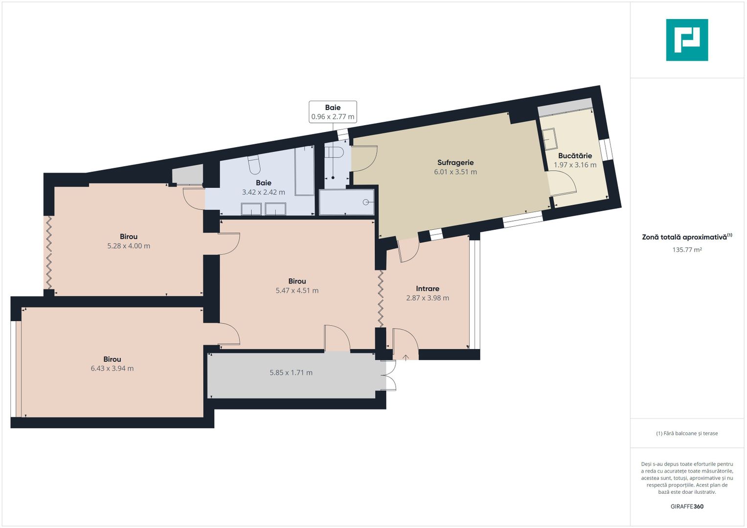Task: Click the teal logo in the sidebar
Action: click(x=687, y=40)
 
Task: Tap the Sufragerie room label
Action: click(x=455, y=162)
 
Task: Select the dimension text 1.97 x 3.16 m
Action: click(x=575, y=165)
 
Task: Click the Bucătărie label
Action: click(x=575, y=155)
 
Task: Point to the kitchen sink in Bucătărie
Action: click(x=550, y=139)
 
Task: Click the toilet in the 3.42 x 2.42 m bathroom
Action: click(x=254, y=165)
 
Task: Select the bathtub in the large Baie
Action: click(x=304, y=171)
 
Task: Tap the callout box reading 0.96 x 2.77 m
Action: click(x=333, y=112)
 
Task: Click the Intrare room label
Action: click(x=428, y=288)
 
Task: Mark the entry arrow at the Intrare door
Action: click(x=406, y=357)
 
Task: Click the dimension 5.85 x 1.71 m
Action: click(x=291, y=373)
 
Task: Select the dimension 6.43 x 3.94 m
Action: click(x=112, y=369)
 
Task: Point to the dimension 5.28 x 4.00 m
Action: click(x=129, y=246)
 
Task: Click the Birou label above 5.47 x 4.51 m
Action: click(x=297, y=281)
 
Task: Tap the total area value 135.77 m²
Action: click(x=687, y=250)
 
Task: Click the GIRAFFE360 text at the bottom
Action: click(x=687, y=506)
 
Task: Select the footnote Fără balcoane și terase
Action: click(x=687, y=433)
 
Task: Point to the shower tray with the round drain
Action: click(x=346, y=202)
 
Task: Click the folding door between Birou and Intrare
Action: click(x=381, y=298)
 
